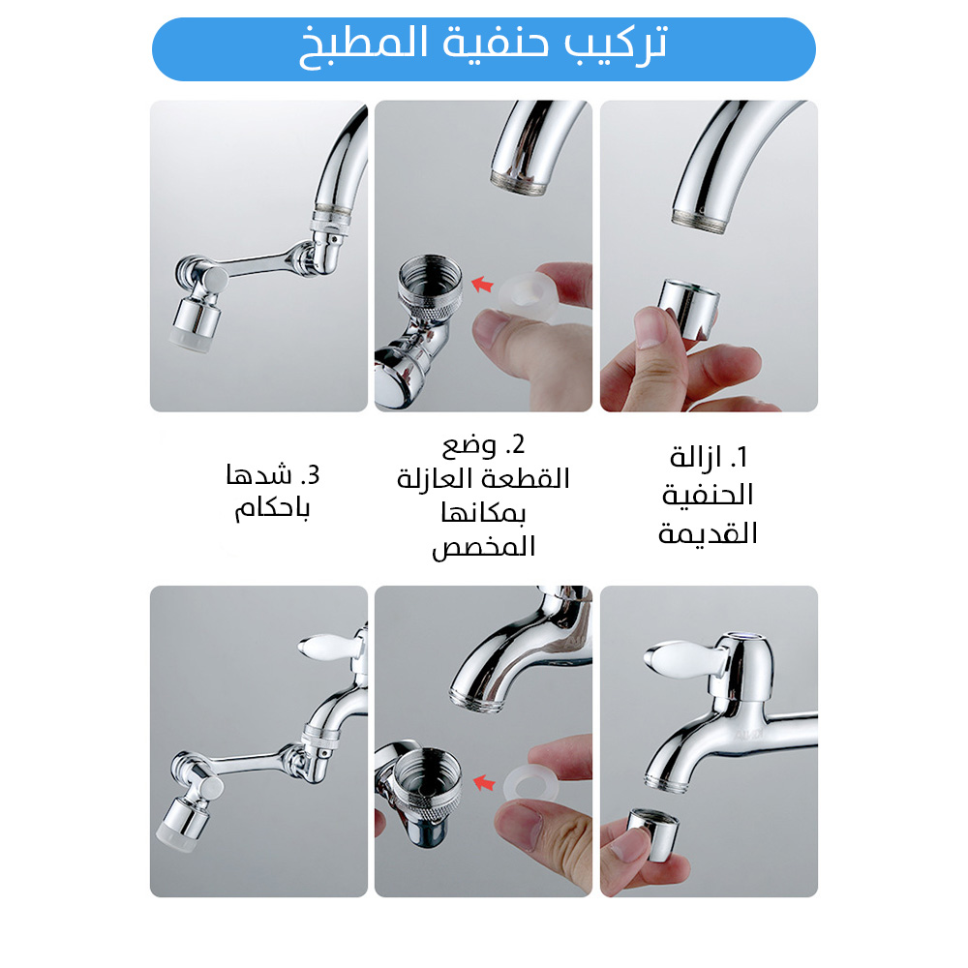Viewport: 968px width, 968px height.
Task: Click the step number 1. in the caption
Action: (x=739, y=457)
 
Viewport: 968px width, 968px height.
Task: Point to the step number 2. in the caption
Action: (x=515, y=444)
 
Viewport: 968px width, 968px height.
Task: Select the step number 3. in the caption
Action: (x=310, y=475)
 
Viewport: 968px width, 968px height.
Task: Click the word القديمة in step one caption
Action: (x=708, y=533)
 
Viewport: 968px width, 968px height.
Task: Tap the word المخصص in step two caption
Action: (x=483, y=547)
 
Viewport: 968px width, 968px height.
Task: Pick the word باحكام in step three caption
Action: (x=272, y=509)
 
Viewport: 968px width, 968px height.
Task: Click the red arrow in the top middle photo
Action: (x=483, y=285)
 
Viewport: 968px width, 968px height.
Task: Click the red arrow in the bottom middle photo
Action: (x=485, y=783)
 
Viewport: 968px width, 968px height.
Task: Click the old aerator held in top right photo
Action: (x=687, y=310)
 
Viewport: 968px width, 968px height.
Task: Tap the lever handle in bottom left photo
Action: (x=327, y=648)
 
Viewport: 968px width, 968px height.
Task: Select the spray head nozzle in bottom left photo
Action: (x=183, y=824)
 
